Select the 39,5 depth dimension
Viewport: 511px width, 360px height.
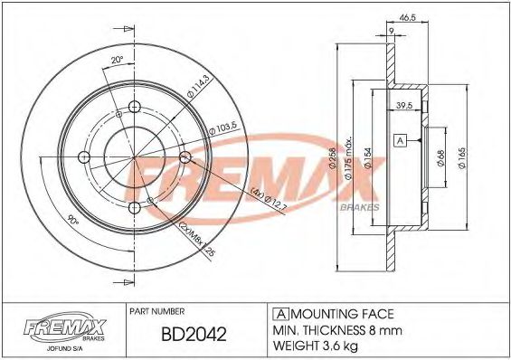[x=405, y=107]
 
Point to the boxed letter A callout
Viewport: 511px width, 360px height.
[x=401, y=140]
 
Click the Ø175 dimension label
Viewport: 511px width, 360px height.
[x=349, y=163]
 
